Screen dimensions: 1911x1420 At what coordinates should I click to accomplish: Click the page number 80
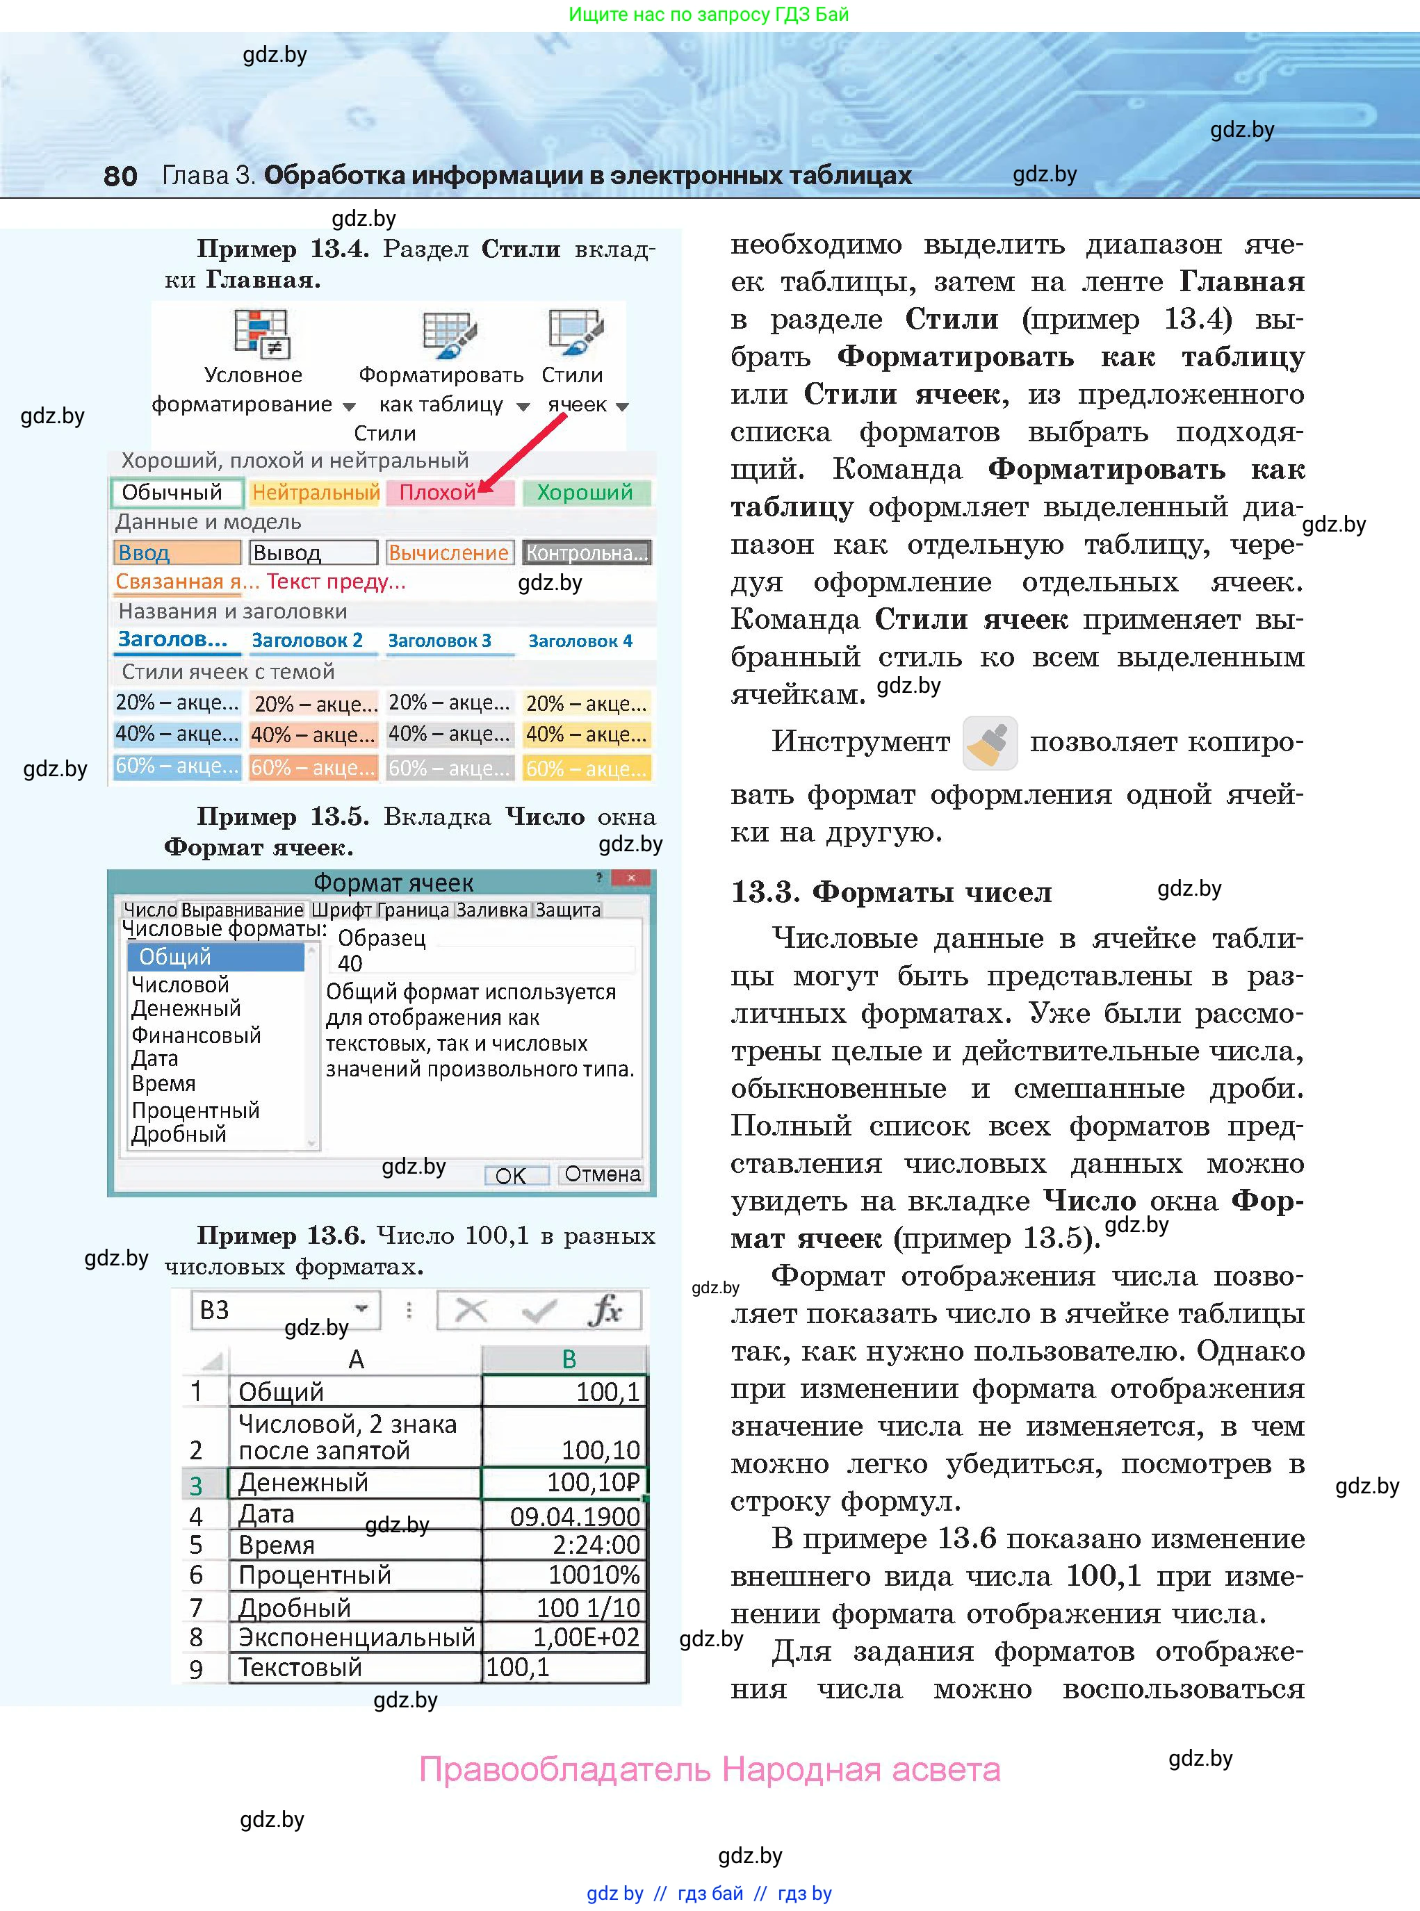pyautogui.click(x=120, y=175)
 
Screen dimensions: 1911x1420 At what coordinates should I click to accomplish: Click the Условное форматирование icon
pyautogui.click(x=261, y=333)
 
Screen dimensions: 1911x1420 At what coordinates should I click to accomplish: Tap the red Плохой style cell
pyautogui.click(x=450, y=493)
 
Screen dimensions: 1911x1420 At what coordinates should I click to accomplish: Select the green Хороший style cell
pyautogui.click(x=585, y=493)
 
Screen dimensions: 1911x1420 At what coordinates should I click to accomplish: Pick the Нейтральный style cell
pyautogui.click(x=316, y=493)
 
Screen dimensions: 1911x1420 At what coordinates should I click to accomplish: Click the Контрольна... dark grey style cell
pyautogui.click(x=586, y=552)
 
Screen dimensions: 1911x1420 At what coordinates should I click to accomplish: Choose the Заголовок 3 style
pyautogui.click(x=439, y=640)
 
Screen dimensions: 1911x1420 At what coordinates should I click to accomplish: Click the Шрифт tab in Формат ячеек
pyautogui.click(x=341, y=910)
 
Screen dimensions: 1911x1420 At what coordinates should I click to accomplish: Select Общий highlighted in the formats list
pyautogui.click(x=215, y=956)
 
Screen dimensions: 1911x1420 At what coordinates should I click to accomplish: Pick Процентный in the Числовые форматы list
pyautogui.click(x=195, y=1110)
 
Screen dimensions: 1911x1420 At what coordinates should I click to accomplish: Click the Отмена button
pyautogui.click(x=602, y=1174)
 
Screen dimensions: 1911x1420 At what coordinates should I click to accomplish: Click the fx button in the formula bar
pyautogui.click(x=606, y=1311)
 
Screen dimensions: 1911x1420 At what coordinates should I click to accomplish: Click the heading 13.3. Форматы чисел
pyautogui.click(x=890, y=892)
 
